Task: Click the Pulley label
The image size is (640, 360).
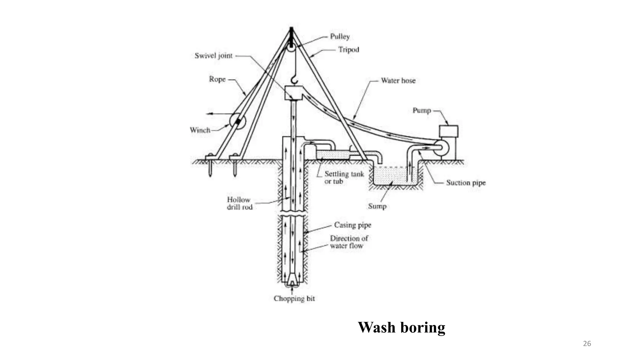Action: point(340,37)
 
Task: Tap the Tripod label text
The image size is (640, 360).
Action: point(348,50)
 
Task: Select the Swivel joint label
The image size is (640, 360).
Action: point(213,56)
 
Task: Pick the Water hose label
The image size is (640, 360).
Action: point(398,81)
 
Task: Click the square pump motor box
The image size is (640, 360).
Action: point(448,131)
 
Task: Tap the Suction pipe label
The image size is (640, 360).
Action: point(466,183)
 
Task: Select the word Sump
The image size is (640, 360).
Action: point(377,206)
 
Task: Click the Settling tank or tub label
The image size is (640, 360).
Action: point(344,177)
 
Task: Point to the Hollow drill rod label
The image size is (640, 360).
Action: point(239,203)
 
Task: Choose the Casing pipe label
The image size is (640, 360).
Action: point(352,225)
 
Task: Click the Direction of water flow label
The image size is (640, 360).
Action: point(349,242)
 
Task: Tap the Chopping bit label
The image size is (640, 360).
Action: point(294,299)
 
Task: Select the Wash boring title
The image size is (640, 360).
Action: point(401,327)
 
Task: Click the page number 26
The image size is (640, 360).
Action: point(587,344)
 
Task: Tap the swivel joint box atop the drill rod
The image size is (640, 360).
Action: point(293,93)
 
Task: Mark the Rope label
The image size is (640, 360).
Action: point(217,79)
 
